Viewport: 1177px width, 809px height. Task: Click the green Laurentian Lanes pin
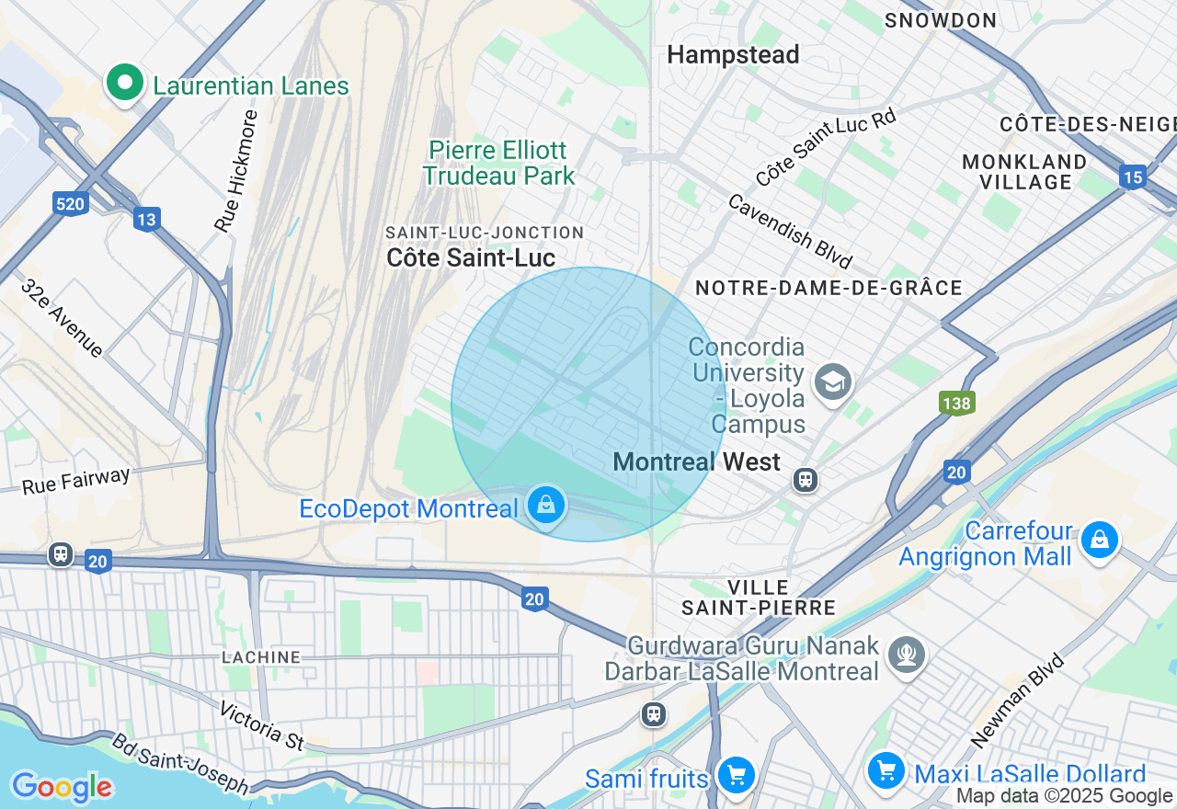(x=125, y=84)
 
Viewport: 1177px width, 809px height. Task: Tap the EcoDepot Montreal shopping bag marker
(x=546, y=505)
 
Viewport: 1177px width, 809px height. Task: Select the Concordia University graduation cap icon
(x=833, y=381)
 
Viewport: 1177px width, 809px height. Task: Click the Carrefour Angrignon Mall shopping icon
(x=1099, y=540)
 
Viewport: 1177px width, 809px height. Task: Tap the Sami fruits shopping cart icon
(x=736, y=775)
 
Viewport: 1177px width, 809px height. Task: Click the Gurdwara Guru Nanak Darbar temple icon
(x=908, y=654)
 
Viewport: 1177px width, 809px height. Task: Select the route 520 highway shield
(x=71, y=203)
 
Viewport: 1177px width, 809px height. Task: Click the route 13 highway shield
(x=146, y=219)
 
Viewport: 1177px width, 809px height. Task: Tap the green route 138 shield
(x=956, y=402)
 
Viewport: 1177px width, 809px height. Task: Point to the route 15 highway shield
(x=1132, y=177)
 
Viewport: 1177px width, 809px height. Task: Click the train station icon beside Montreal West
(x=806, y=479)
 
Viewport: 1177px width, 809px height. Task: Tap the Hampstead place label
(x=733, y=55)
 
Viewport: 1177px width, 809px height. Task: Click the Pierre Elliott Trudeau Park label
(x=499, y=163)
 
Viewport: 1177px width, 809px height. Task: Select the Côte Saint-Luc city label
(x=471, y=257)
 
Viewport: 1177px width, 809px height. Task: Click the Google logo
(x=62, y=787)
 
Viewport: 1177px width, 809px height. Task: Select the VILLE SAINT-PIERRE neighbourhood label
(x=758, y=597)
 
